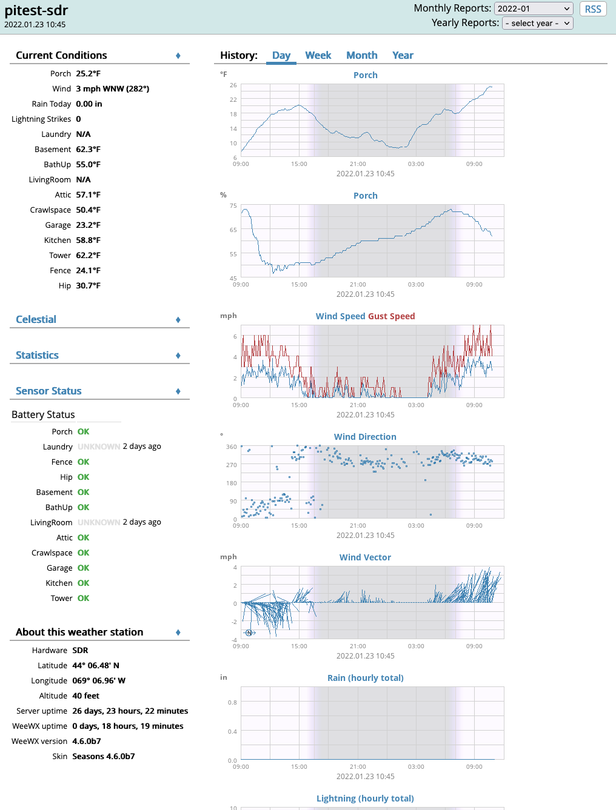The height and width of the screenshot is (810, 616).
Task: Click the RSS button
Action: point(593,9)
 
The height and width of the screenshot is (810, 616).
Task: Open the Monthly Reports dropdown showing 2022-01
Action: point(534,8)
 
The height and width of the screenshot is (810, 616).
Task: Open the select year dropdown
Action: point(538,23)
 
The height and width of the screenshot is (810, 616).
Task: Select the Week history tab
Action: point(318,55)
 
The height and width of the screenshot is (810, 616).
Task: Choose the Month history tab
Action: point(362,55)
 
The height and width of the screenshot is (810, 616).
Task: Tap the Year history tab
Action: point(403,55)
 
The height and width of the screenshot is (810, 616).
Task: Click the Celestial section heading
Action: point(36,319)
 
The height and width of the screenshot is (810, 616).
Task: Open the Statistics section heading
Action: point(38,355)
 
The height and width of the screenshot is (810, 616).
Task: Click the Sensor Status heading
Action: point(49,391)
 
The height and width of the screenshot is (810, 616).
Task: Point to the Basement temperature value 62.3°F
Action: point(89,149)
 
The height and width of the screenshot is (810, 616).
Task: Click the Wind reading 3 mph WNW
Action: point(113,88)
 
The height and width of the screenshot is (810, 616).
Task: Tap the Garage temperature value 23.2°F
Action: point(89,225)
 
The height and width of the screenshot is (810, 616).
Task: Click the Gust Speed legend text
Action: point(392,316)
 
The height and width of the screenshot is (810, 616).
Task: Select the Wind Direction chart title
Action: point(365,437)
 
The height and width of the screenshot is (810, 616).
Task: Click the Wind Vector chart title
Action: point(365,557)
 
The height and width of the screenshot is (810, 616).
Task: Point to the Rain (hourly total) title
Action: point(366,678)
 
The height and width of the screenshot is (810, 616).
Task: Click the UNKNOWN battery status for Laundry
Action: point(99,446)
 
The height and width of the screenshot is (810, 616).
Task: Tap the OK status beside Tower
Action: point(84,598)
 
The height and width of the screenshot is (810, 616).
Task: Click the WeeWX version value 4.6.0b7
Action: point(87,741)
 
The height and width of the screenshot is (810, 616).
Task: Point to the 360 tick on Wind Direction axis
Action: point(232,447)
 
